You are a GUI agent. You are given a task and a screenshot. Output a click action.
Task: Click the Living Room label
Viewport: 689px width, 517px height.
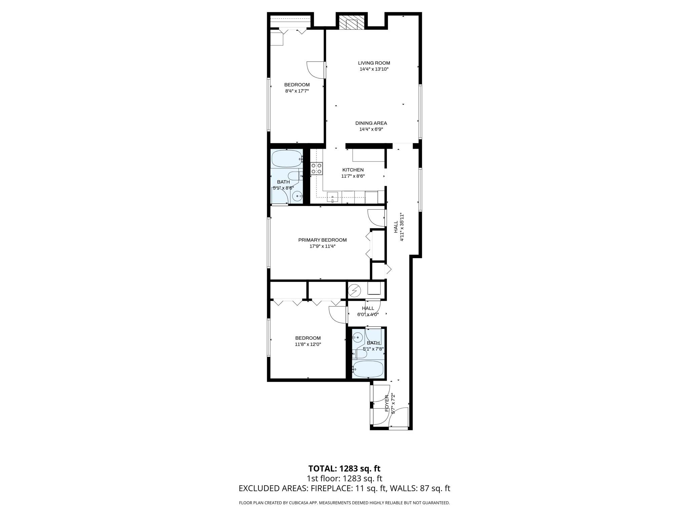point(374,63)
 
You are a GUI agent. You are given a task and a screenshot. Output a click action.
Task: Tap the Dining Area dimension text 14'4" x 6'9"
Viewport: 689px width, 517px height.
point(371,129)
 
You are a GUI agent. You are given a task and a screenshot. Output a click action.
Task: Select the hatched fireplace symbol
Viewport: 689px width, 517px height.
point(352,23)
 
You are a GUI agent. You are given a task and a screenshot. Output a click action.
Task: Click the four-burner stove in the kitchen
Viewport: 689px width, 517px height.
point(316,168)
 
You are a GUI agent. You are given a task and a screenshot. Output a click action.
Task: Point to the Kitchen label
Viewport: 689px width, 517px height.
point(353,170)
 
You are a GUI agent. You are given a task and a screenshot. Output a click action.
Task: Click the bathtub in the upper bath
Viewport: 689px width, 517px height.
point(287,159)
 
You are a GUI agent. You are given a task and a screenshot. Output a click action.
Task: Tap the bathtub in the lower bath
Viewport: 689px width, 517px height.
point(368,369)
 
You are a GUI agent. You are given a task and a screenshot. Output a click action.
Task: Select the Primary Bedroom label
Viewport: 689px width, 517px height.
point(322,240)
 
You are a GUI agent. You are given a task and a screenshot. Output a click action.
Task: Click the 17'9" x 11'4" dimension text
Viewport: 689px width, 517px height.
point(322,246)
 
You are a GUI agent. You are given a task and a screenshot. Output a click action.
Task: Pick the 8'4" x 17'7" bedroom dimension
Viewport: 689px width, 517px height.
point(297,91)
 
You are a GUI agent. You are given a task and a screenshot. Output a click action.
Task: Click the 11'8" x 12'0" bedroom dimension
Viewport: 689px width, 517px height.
point(308,344)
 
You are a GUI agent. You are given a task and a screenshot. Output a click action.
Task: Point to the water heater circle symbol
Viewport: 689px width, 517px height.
point(354,290)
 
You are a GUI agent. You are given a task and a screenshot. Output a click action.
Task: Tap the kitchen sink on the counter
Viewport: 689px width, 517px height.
point(332,197)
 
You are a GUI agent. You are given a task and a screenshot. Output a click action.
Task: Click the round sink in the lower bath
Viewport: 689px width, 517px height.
point(358,337)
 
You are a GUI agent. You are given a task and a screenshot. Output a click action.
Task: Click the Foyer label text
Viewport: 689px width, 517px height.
point(387,403)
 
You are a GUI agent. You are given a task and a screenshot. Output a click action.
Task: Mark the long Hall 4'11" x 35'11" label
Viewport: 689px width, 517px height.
point(398,227)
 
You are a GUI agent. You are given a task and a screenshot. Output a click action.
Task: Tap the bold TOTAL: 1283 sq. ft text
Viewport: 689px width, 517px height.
point(344,469)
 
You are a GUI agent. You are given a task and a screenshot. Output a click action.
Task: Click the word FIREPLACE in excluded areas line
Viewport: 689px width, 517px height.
point(332,488)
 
